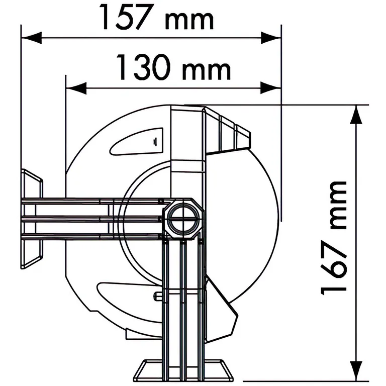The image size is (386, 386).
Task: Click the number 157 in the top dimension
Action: point(126,17)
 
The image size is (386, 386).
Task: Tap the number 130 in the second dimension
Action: point(143,67)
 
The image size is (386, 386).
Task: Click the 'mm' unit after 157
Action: point(189,21)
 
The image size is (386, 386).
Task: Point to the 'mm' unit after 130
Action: point(207,71)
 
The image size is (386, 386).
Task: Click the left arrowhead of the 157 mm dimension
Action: point(32,38)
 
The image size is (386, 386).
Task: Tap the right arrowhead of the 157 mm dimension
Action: point(271,38)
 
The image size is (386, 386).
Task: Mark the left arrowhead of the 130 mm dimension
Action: point(76,88)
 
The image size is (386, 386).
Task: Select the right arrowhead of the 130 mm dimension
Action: point(271,88)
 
